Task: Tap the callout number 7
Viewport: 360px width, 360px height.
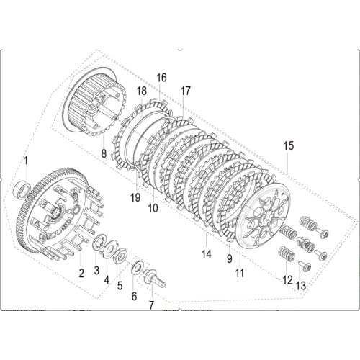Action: [x=151, y=305]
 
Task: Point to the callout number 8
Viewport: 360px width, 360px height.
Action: [x=104, y=153]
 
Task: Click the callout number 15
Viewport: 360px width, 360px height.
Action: [x=288, y=146]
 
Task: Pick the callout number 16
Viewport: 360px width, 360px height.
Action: [x=161, y=77]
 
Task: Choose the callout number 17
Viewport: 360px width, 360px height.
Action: [x=185, y=91]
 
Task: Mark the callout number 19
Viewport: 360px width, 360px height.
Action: [x=135, y=197]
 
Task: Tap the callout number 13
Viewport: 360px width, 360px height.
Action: [x=301, y=286]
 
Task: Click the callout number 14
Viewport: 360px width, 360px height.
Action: [x=206, y=254]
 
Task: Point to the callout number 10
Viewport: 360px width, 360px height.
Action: [x=153, y=209]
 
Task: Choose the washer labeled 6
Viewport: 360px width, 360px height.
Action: [x=136, y=269]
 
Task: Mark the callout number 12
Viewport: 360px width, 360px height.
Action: [x=287, y=279]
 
